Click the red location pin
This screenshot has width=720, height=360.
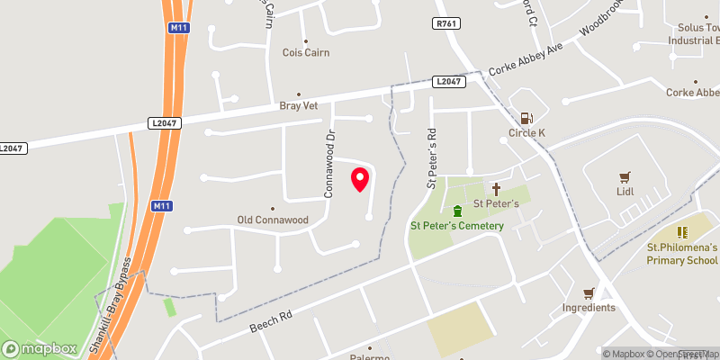[360, 178]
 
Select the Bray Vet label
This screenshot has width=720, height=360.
[299, 105]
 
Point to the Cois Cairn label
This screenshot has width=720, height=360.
[305, 52]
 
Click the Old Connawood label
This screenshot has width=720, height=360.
[272, 220]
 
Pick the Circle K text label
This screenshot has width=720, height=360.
[527, 134]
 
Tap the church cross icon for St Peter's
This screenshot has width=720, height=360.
[496, 189]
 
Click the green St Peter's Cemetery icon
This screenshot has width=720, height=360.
[457, 211]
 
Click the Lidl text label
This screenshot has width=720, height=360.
[625, 192]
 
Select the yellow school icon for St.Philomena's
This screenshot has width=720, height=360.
[682, 232]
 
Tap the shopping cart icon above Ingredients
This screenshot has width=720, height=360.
[589, 293]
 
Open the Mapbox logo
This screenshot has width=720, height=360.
[40, 348]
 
